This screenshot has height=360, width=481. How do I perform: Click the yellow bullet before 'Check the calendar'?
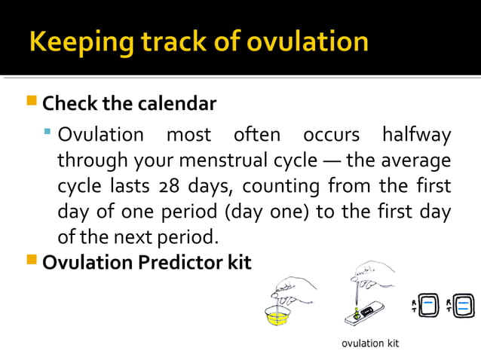(x=31, y=102)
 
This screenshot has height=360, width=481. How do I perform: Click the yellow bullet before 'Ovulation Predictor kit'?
(x=31, y=261)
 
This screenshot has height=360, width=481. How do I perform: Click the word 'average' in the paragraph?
(x=416, y=161)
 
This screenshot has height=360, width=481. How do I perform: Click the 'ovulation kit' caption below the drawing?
(x=370, y=343)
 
